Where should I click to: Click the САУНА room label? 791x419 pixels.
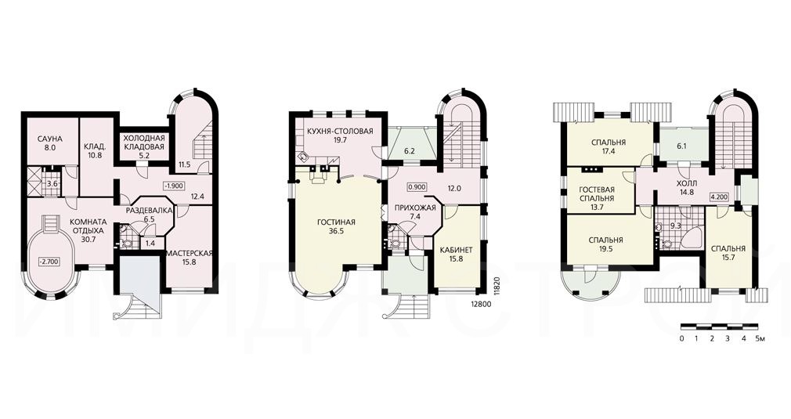pyautogui.click(x=49, y=139)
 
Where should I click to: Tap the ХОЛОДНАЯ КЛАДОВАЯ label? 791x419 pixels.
pyautogui.click(x=144, y=143)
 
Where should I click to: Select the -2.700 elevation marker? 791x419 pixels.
pyautogui.click(x=50, y=262)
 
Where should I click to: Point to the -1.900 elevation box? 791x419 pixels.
pyautogui.click(x=173, y=185)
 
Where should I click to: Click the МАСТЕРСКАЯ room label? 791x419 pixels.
pyautogui.click(x=189, y=253)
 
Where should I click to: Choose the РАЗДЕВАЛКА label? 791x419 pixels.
pyautogui.click(x=150, y=210)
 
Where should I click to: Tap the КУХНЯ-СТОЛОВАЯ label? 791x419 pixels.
pyautogui.click(x=340, y=132)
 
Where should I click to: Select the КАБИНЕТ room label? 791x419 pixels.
pyautogui.click(x=456, y=250)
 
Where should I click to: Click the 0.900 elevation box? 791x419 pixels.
pyautogui.click(x=417, y=186)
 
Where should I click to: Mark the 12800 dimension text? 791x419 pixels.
pyautogui.click(x=480, y=304)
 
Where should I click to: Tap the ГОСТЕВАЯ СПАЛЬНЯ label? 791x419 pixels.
pyautogui.click(x=597, y=194)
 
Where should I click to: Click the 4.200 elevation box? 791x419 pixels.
pyautogui.click(x=720, y=197)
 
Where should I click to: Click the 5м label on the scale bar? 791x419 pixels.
pyautogui.click(x=760, y=338)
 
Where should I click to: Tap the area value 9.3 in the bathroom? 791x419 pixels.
pyautogui.click(x=677, y=226)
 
